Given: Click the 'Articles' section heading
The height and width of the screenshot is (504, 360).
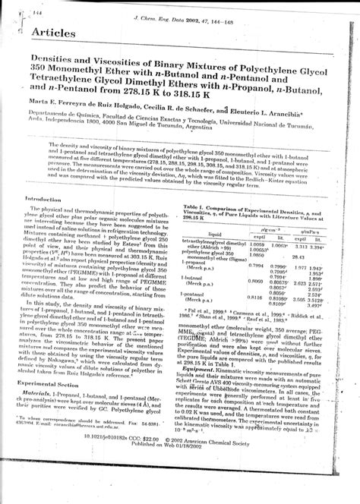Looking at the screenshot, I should click(x=55, y=33).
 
